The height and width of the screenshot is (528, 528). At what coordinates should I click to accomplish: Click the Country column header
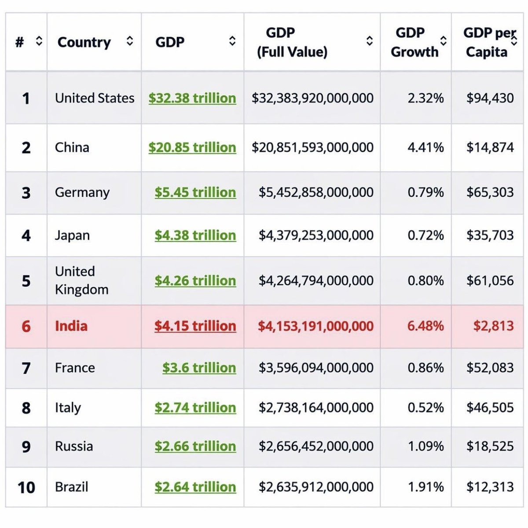(84, 42)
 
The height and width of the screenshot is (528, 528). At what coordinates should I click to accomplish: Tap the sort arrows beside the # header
(39, 41)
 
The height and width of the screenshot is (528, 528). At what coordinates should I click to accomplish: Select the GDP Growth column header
(414, 42)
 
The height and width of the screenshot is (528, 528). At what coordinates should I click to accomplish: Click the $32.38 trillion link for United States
(192, 98)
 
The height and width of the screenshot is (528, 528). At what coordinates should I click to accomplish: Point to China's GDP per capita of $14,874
(490, 147)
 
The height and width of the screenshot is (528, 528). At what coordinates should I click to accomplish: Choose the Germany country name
(82, 193)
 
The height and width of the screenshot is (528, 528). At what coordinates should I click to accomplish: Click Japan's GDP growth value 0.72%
(425, 235)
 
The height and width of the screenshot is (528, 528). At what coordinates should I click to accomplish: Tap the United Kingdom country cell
(81, 280)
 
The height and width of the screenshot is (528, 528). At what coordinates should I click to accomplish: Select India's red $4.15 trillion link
(195, 326)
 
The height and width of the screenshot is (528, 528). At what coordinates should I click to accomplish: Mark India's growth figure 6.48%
(425, 326)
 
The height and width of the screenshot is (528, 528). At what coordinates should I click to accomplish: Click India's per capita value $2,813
(493, 326)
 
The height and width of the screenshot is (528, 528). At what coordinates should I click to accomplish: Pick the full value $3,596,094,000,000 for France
(316, 368)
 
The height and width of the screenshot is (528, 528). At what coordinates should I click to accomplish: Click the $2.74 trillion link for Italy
(195, 408)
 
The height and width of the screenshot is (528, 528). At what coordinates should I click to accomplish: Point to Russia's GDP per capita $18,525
(490, 447)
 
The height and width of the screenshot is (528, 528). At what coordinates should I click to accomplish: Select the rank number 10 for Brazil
(26, 488)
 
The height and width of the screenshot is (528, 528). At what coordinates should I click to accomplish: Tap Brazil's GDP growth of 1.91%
(425, 487)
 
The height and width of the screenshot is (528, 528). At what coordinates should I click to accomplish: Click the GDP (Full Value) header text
(292, 42)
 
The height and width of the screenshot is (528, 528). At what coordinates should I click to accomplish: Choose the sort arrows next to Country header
(129, 41)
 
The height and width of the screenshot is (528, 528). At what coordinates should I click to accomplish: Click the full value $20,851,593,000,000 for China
(312, 147)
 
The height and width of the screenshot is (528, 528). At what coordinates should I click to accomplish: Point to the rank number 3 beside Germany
(26, 193)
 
